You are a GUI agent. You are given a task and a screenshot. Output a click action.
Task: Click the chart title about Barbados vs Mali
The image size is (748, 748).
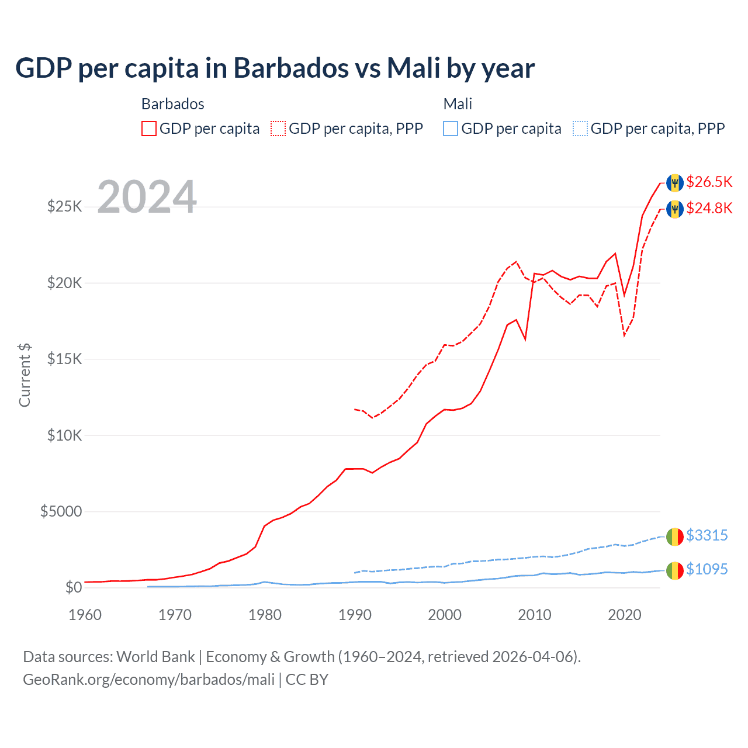point(275,68)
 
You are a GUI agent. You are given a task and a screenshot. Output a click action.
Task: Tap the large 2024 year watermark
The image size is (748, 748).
point(147,198)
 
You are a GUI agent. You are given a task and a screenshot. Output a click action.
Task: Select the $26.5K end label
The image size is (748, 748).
point(709,182)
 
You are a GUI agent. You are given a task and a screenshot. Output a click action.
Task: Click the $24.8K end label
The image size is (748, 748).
point(709,209)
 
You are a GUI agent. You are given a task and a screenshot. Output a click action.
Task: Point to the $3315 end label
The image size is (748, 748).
point(707,536)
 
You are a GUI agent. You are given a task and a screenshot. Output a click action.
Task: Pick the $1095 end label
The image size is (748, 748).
point(707,570)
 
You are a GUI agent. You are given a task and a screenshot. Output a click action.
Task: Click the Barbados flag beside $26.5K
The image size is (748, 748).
point(675,183)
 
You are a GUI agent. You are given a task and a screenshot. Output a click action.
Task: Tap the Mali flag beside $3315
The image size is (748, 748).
point(675,536)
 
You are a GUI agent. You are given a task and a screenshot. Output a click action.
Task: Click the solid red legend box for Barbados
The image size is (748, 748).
point(149,129)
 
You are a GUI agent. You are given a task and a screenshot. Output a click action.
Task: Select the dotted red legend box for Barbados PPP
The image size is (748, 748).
point(278,129)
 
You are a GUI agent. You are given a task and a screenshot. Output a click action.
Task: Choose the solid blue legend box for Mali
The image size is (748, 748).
point(451,129)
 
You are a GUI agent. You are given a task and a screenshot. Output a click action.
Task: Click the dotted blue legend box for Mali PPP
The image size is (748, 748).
point(580,129)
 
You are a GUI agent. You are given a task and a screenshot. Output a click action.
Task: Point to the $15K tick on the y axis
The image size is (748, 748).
point(65,359)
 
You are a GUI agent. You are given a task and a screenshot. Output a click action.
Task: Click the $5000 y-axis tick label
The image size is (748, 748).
point(61,512)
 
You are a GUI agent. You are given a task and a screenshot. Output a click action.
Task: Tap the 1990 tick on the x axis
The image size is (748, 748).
point(355,615)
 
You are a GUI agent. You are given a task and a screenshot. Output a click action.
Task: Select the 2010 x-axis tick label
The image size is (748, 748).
point(535,615)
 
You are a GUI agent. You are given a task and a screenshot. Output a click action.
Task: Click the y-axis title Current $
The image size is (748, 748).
point(25,375)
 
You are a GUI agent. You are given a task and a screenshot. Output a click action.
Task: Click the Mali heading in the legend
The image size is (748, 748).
point(458,104)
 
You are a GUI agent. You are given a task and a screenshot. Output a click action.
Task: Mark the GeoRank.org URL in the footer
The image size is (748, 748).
point(149,680)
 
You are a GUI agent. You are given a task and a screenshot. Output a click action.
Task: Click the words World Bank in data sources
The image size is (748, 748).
point(155,657)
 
